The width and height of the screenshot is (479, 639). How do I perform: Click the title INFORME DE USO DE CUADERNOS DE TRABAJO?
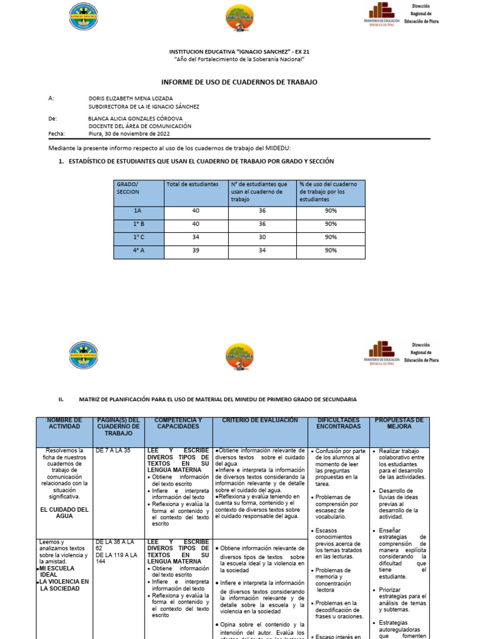click(239, 82)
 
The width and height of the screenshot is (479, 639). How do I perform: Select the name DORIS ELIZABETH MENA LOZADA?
click(131, 99)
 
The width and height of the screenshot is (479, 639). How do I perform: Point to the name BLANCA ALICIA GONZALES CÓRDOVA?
click(140, 118)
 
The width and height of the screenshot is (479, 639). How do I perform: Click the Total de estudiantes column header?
click(192, 184)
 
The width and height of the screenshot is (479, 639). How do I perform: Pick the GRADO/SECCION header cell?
click(128, 188)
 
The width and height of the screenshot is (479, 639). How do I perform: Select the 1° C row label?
click(138, 237)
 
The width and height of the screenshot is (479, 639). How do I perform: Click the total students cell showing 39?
click(196, 250)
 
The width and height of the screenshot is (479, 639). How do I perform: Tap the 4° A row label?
click(138, 250)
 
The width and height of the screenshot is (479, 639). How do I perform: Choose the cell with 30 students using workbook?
click(262, 237)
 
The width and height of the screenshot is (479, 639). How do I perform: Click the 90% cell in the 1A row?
click(331, 211)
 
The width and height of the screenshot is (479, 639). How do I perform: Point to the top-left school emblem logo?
click(83, 17)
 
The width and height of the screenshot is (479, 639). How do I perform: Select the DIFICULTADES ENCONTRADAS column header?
click(339, 423)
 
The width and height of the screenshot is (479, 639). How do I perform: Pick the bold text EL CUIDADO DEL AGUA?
click(64, 513)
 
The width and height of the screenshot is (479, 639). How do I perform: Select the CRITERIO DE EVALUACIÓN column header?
click(260, 421)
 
